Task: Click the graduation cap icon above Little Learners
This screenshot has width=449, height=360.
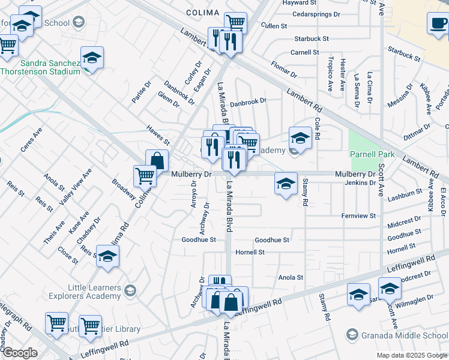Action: coord(107,256)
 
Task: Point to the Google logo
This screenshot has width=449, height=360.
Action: coord(20,352)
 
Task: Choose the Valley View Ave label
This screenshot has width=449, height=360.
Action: coord(77,187)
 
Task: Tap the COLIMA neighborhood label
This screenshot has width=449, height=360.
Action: coord(203,12)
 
